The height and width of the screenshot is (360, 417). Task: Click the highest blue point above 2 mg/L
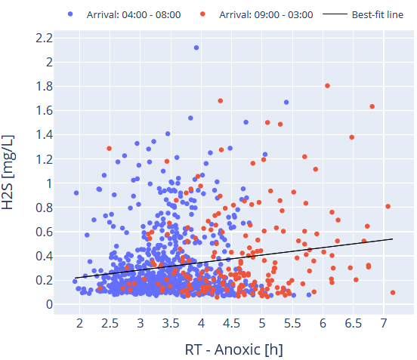(x=196, y=48)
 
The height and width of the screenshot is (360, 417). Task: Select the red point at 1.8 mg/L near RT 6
(x=327, y=86)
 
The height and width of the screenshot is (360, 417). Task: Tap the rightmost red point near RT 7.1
(x=393, y=293)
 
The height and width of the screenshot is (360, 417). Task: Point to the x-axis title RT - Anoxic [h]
(x=233, y=350)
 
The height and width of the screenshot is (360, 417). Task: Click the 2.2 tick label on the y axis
(x=43, y=38)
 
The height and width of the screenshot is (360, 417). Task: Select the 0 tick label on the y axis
(x=49, y=304)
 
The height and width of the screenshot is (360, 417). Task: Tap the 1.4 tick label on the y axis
(x=43, y=134)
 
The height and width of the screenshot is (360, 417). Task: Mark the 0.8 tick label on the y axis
(x=43, y=208)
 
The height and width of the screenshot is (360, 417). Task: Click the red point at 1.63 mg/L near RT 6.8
(x=372, y=106)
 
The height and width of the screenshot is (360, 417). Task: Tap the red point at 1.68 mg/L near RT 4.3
(x=221, y=100)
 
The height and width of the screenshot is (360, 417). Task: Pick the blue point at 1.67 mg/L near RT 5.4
(x=286, y=102)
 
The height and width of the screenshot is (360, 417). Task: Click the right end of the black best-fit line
(x=393, y=238)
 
